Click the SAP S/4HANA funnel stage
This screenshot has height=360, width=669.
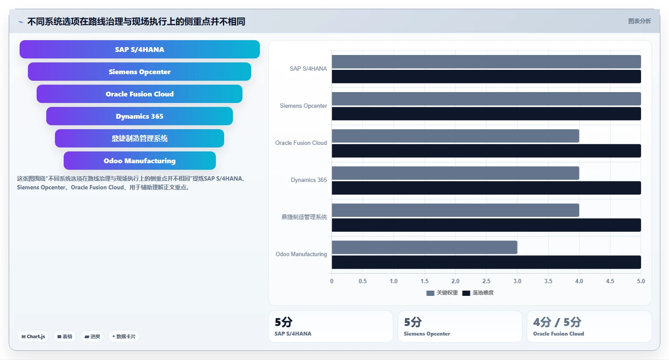140,49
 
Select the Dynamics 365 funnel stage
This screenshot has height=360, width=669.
140,116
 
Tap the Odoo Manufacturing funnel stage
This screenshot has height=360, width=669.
140,161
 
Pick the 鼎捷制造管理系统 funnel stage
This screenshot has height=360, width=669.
140,138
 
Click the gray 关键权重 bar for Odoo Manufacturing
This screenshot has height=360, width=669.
424,247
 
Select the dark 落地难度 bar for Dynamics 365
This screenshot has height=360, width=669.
486,188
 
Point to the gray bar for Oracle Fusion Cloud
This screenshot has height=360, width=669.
455,136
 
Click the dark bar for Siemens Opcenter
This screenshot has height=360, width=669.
486,114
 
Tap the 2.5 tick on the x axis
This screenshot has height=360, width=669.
486,281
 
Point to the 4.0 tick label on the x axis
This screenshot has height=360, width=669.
579,281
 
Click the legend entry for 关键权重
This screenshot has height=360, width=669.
442,293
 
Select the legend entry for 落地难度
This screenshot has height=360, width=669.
478,293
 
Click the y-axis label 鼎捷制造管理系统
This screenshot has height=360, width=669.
304,217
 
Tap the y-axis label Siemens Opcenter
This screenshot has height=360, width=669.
303,106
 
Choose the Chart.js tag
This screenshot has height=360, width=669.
33,336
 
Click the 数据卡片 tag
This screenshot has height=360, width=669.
124,336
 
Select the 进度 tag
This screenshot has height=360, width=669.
92,336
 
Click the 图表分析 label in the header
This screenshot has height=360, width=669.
639,21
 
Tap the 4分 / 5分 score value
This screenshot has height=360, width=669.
557,322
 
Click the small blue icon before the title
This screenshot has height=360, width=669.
20,22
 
